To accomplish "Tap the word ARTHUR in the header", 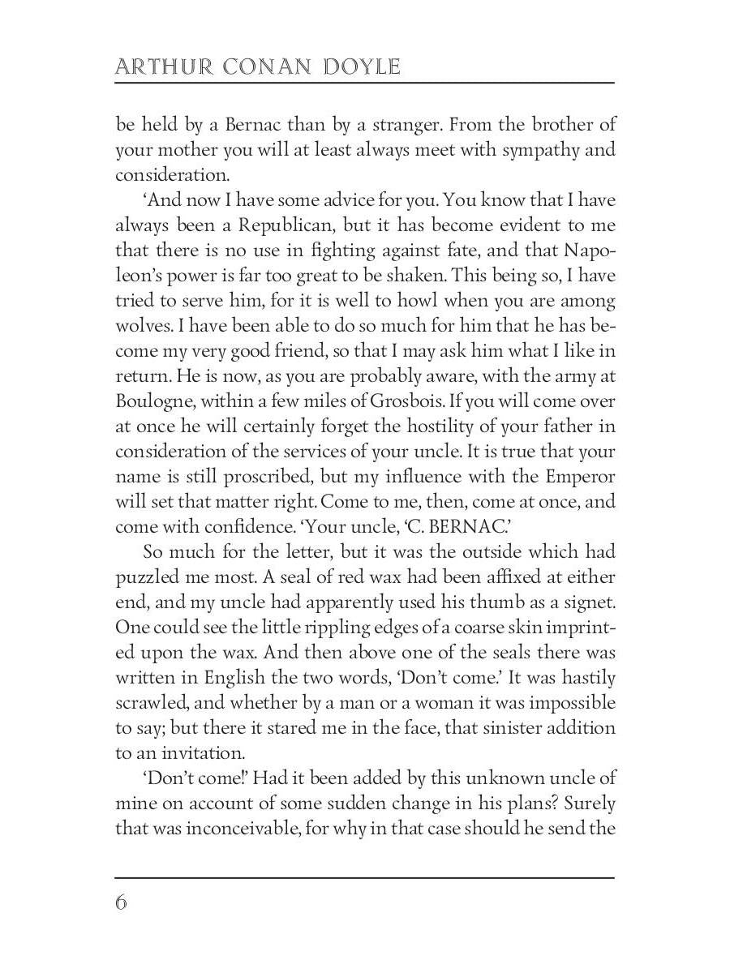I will [x=160, y=66].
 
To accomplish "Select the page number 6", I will [x=122, y=902].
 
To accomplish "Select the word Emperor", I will [x=573, y=475].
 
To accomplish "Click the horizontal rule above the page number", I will [x=365, y=877].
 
